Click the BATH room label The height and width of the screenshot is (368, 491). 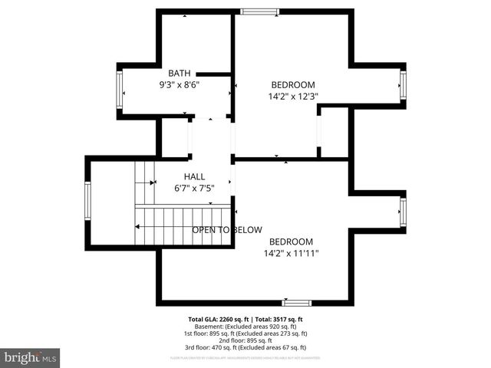pyautogui.click(x=180, y=73)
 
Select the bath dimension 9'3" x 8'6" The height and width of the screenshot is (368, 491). pyautogui.click(x=180, y=85)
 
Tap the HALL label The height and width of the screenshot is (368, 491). pyautogui.click(x=193, y=176)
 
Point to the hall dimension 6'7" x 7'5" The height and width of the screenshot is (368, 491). pyautogui.click(x=193, y=188)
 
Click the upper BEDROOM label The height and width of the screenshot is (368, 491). pyautogui.click(x=293, y=84)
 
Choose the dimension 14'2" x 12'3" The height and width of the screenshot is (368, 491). pyautogui.click(x=293, y=97)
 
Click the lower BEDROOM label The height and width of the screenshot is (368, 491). pyautogui.click(x=291, y=241)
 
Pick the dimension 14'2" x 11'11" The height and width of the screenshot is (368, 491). pyautogui.click(x=291, y=253)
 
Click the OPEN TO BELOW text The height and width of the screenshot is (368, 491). pyautogui.click(x=226, y=229)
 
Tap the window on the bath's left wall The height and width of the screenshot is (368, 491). pyautogui.click(x=120, y=90)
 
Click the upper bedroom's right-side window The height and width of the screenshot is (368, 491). pyautogui.click(x=402, y=85)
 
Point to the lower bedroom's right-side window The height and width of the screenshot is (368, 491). pyautogui.click(x=402, y=212)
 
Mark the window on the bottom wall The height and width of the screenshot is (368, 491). pyautogui.click(x=295, y=303)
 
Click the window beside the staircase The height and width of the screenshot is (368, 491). pyautogui.click(x=87, y=200)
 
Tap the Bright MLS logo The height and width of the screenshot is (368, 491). pyautogui.click(x=31, y=357)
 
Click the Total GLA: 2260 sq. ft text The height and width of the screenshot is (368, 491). pyautogui.click(x=217, y=319)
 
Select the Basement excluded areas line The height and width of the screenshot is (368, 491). pyautogui.click(x=245, y=326)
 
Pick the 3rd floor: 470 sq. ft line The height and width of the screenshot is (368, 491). pyautogui.click(x=245, y=347)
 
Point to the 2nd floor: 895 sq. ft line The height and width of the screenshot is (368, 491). pyautogui.click(x=245, y=340)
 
